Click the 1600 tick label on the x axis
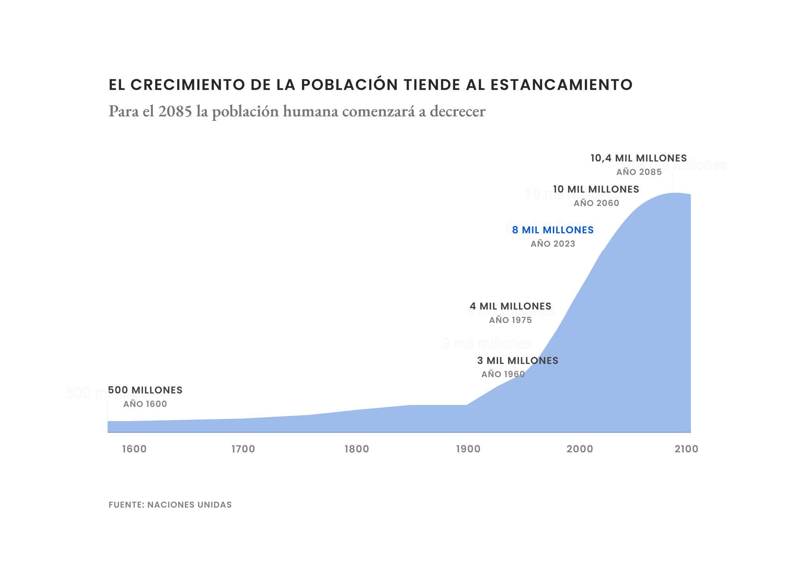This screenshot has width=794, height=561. click(134, 449)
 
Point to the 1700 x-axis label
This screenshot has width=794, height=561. click(243, 449)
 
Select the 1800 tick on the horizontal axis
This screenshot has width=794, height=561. click(357, 449)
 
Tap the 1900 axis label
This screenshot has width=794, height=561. click(468, 449)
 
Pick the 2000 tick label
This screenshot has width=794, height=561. click(580, 449)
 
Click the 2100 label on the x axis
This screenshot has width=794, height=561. click(686, 449)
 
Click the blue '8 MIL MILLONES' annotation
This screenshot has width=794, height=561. click(553, 230)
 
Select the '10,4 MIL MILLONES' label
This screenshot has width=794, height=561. click(638, 158)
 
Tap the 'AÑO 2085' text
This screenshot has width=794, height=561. click(639, 172)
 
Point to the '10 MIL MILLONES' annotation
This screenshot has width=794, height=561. click(596, 190)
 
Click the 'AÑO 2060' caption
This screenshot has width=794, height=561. click(596, 203)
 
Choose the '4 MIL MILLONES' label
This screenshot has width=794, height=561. click(510, 306)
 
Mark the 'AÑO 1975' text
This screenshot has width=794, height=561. click(510, 320)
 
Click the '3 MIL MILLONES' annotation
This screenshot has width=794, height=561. click(518, 361)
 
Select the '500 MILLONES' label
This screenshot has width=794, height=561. click(145, 390)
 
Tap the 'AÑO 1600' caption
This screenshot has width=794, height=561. click(145, 404)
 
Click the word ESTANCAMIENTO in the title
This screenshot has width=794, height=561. click(561, 85)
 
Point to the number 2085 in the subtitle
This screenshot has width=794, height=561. click(175, 111)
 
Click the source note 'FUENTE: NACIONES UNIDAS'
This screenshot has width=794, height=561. click(170, 505)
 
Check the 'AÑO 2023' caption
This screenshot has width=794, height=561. click(553, 244)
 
